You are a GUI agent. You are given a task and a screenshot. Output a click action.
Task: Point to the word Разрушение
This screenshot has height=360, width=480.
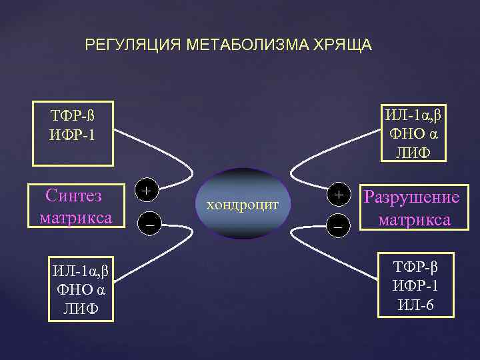click(411, 198)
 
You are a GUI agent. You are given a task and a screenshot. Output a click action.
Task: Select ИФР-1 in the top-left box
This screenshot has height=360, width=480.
click(72, 135)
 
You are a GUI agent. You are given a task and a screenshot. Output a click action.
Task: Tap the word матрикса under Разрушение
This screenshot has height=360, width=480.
click(414, 219)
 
